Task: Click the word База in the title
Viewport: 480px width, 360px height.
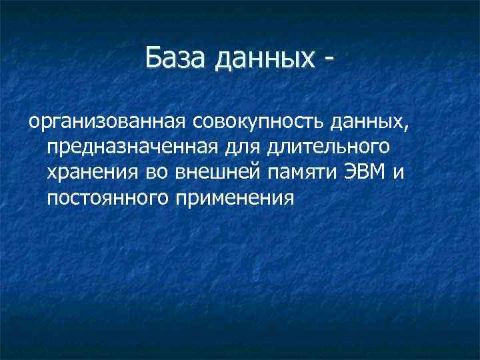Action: [176, 59]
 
